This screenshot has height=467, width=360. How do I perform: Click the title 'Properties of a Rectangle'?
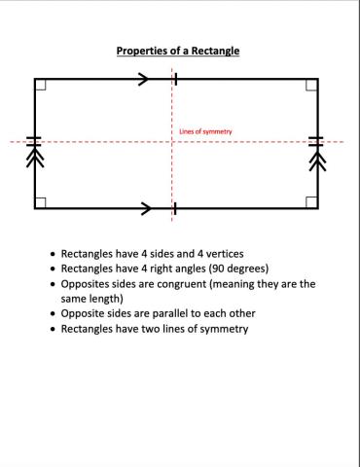[x=178, y=51]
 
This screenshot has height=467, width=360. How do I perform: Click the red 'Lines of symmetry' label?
[x=205, y=131]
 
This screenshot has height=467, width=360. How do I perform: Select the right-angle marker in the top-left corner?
[x=40, y=85]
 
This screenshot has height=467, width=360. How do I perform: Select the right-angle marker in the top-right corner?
[x=310, y=85]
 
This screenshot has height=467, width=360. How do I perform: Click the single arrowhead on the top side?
[x=146, y=79]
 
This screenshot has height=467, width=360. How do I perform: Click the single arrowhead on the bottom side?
[x=146, y=207]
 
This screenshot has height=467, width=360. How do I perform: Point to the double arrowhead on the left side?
[x=34, y=158]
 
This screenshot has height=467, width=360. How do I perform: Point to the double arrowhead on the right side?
[x=317, y=158]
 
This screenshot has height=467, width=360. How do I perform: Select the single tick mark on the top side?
[x=175, y=79]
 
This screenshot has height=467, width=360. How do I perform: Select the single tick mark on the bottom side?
[x=173, y=207]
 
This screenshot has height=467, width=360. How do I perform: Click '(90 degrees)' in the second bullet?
[x=234, y=269]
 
